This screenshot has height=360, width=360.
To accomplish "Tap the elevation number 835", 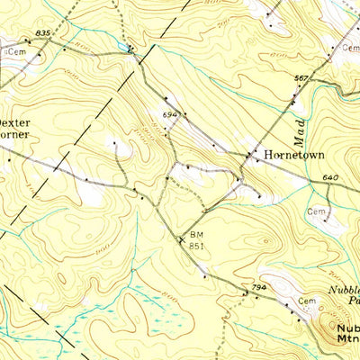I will point(41,33).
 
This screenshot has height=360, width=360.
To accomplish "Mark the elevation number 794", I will point(259,287).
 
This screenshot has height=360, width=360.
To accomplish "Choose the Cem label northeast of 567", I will point(349,47).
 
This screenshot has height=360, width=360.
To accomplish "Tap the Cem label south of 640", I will point(315,211).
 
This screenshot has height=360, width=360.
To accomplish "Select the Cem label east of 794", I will point(308,300).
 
